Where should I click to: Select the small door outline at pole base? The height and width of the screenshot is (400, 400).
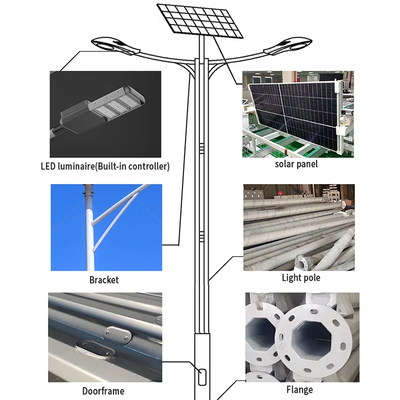pos(203,377)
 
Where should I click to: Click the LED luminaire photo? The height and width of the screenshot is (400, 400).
pos(105,114)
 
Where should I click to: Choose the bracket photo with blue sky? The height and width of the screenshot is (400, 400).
pos(106,228)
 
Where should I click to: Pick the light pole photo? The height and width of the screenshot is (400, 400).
pos(299,227)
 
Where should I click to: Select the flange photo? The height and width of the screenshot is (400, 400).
pos(302,336)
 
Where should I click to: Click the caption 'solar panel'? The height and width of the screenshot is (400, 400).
pos(296,164)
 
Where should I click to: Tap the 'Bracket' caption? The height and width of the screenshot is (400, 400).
pos(104,280)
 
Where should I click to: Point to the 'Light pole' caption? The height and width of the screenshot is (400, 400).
pos(301,278)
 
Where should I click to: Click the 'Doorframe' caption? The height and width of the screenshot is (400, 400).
pos(104,391)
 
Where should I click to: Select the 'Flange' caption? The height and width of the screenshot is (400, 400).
pos(299,390)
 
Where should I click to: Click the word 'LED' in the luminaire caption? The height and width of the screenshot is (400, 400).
pos(49,166)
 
